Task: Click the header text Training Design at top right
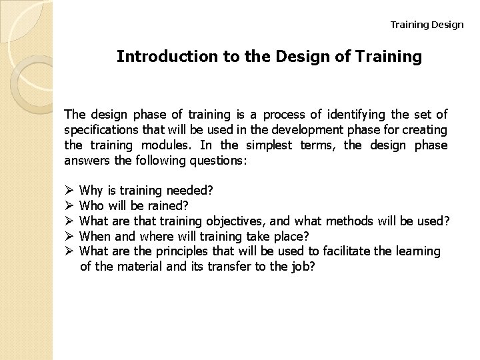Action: click(427, 25)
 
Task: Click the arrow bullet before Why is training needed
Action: click(68, 191)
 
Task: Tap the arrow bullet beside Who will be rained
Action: click(68, 205)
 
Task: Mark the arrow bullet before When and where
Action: click(68, 235)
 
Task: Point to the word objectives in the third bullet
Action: click(241, 221)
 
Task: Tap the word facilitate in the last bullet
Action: click(342, 251)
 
